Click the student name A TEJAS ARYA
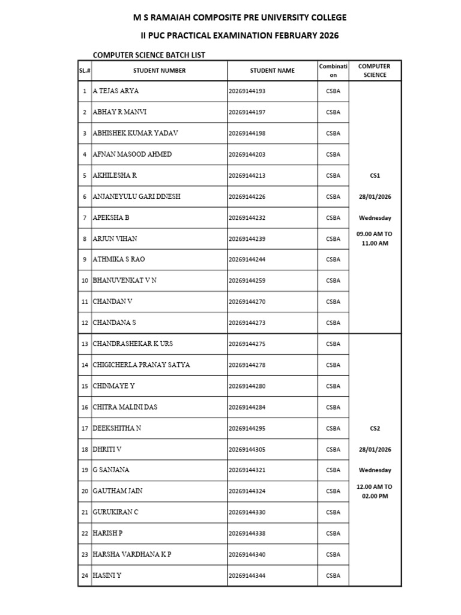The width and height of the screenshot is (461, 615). pyautogui.click(x=116, y=91)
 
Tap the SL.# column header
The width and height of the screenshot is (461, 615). pyautogui.click(x=85, y=71)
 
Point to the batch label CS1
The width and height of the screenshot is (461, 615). pyautogui.click(x=375, y=175)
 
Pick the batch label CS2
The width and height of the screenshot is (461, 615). pyautogui.click(x=375, y=428)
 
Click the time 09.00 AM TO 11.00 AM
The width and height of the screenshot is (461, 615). pyautogui.click(x=375, y=238)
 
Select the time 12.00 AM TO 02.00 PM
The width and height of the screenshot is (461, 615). pyautogui.click(x=375, y=491)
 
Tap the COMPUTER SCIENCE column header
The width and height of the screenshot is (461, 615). pyautogui.click(x=375, y=71)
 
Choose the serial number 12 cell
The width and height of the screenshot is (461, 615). pyautogui.click(x=85, y=323)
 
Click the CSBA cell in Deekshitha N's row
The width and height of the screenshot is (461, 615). pyautogui.click(x=333, y=428)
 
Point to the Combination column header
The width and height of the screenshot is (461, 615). pyautogui.click(x=333, y=71)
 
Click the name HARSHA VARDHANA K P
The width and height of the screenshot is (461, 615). pyautogui.click(x=132, y=554)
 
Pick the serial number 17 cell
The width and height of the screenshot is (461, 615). pyautogui.click(x=85, y=428)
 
